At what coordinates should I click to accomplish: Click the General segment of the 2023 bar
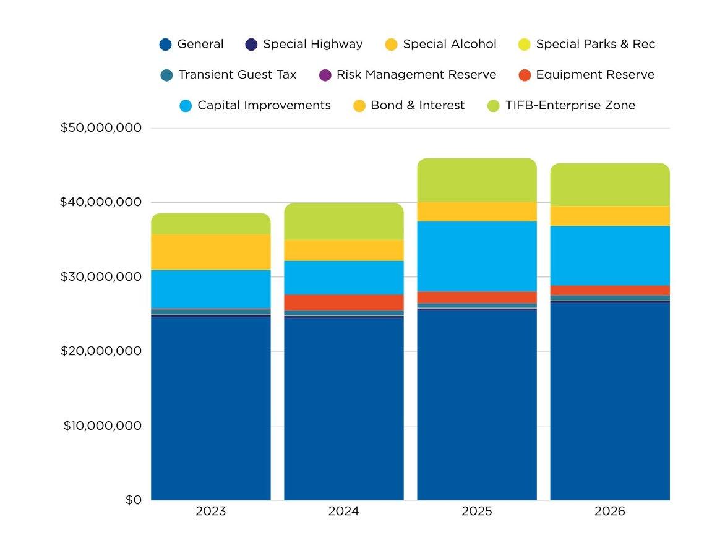(210, 408)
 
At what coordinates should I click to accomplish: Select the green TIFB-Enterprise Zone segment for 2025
(476, 180)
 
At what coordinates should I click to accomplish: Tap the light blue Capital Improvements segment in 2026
(609, 255)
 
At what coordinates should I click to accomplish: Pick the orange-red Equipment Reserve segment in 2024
(343, 302)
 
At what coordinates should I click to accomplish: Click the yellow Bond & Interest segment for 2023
(210, 252)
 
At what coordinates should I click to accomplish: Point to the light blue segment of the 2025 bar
(476, 256)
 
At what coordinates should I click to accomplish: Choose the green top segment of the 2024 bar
(343, 221)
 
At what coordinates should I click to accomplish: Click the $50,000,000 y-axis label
(101, 128)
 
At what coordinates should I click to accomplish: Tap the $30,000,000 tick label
(101, 276)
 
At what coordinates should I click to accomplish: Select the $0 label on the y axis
(133, 500)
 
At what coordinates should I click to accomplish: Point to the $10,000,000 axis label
(102, 426)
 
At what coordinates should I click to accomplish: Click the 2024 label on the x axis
(343, 512)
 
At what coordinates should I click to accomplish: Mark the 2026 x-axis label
(609, 512)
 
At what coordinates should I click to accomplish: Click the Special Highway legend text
(312, 44)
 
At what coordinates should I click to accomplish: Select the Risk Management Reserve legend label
(416, 75)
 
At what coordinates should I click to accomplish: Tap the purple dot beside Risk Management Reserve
(325, 75)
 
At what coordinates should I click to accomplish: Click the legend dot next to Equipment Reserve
(525, 75)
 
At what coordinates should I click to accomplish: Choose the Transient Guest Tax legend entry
(237, 75)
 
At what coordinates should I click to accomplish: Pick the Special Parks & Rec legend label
(595, 44)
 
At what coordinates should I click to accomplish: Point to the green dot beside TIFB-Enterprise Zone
(494, 106)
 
